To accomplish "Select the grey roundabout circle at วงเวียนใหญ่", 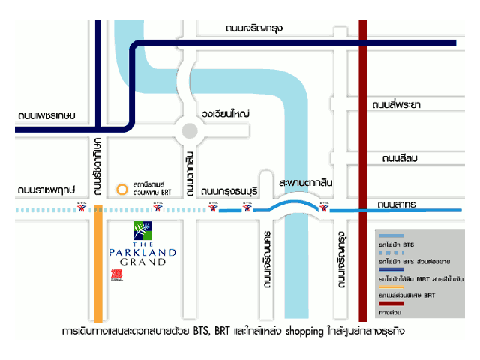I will coord(190,133).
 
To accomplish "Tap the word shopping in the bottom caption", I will coord(300,331).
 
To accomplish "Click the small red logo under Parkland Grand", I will coord(116,274).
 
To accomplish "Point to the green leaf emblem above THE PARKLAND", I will coord(142,229).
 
